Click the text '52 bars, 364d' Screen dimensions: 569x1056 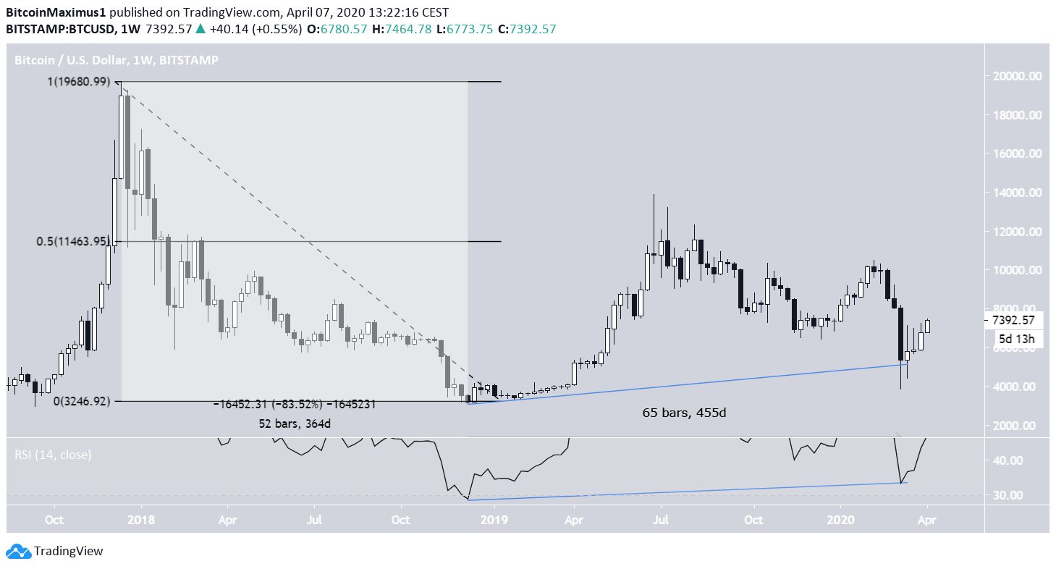pos(295,423)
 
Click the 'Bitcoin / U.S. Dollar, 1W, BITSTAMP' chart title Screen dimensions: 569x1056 pos(117,60)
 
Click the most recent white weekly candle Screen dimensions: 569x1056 pos(927,326)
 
